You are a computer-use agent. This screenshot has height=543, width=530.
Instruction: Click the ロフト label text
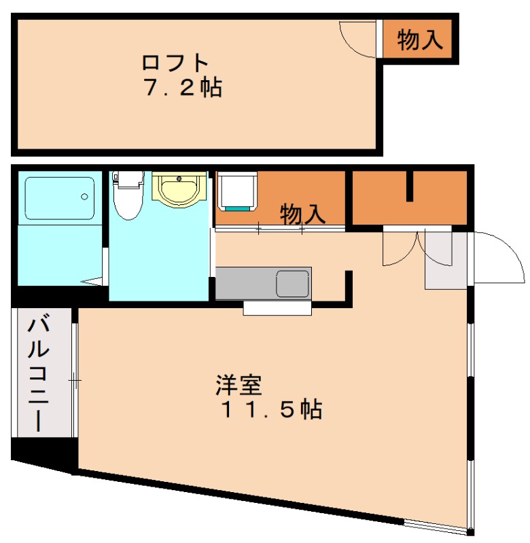[175, 63]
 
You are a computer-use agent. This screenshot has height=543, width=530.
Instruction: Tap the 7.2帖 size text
[183, 88]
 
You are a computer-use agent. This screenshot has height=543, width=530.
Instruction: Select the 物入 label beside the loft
[420, 40]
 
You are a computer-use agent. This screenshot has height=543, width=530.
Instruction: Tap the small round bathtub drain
[85, 198]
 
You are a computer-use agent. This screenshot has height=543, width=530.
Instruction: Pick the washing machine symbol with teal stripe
[237, 191]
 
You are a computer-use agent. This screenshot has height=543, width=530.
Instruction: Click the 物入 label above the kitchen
[303, 214]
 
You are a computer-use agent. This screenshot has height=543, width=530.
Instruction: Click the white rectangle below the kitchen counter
[277, 308]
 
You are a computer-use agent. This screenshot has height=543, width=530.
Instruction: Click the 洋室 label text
[238, 386]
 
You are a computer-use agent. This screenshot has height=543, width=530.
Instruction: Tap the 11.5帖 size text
[270, 410]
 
